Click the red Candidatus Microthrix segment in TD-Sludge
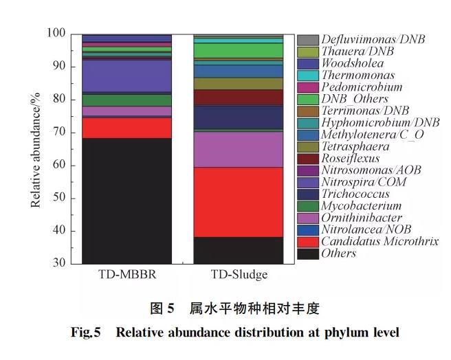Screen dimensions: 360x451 (x=238, y=202)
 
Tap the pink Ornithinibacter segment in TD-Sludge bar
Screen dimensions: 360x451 (x=238, y=149)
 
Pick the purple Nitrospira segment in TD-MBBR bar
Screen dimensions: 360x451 (x=126, y=76)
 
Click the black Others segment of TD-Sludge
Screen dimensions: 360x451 (x=238, y=250)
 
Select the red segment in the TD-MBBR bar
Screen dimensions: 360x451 (x=126, y=128)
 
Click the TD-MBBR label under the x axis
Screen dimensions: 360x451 (x=126, y=276)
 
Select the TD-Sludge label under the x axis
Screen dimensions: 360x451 (x=239, y=276)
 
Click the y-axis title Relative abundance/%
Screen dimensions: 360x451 (x=35, y=148)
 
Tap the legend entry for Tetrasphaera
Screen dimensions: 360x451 (x=354, y=146)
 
